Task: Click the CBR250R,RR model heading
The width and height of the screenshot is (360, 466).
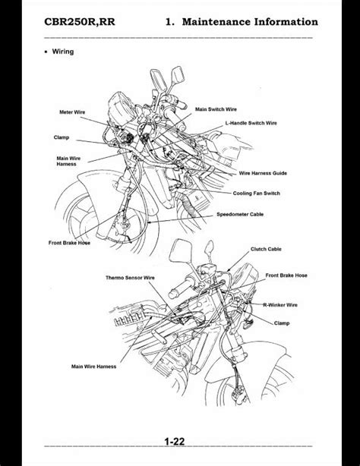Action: (x=80, y=22)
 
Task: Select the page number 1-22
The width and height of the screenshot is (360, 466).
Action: (x=175, y=442)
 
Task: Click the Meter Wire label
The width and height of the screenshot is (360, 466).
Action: (x=72, y=112)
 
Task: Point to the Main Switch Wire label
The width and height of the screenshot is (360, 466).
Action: (x=216, y=109)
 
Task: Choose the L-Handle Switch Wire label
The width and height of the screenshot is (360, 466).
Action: (x=251, y=123)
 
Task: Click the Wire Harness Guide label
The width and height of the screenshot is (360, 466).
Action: (x=263, y=173)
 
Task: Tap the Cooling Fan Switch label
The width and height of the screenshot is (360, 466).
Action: (x=256, y=194)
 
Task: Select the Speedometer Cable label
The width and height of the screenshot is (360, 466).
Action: (x=240, y=214)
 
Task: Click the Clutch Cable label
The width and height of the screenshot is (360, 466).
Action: (x=266, y=249)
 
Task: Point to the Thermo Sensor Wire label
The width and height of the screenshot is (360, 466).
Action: (x=130, y=278)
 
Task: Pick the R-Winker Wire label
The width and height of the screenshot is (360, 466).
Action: (x=280, y=305)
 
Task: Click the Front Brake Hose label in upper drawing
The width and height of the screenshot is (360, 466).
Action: (x=69, y=243)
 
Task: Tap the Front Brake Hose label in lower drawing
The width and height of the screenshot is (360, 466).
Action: (x=286, y=276)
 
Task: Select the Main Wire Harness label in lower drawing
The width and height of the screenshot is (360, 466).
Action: (x=93, y=367)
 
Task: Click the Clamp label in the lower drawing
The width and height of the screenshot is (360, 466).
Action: (x=282, y=323)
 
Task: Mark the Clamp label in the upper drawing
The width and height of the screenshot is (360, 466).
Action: (x=62, y=137)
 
